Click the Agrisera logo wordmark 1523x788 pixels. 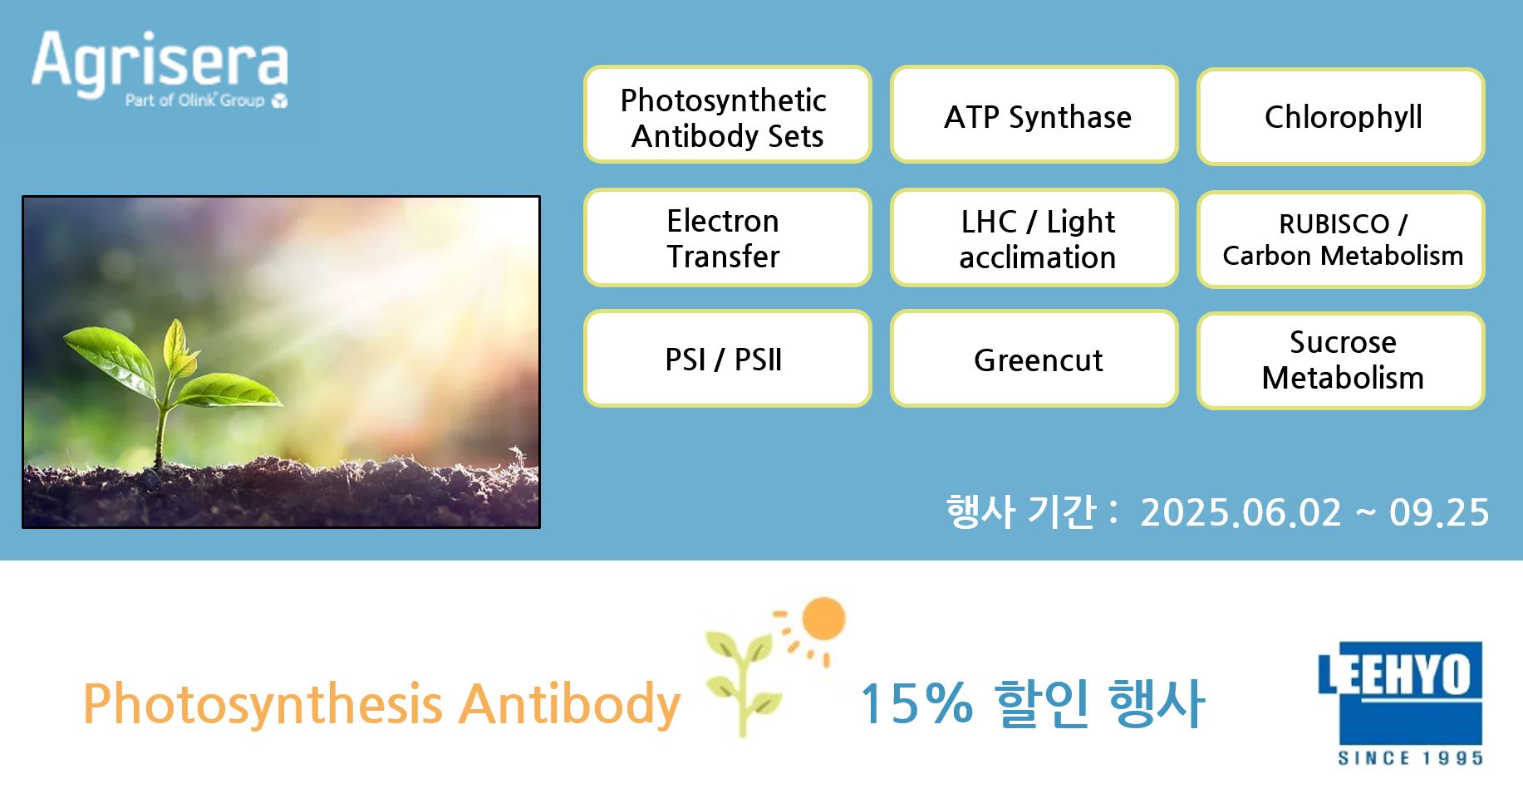tap(160, 61)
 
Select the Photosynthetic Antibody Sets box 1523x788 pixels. tap(727, 115)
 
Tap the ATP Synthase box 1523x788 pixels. tap(1034, 115)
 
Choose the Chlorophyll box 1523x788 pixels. tap(1341, 116)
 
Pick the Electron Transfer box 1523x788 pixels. tap(727, 237)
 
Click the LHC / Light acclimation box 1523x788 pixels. tap(1034, 237)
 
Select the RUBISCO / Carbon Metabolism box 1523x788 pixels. tap(1341, 239)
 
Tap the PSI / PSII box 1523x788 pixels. tap(727, 359)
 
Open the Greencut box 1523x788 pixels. tap(1034, 359)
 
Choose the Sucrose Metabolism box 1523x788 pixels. tap(1341, 360)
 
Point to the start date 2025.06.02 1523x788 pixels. tap(1241, 512)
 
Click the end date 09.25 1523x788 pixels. tap(1439, 512)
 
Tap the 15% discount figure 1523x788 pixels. tap(916, 703)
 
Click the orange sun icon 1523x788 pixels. tap(823, 619)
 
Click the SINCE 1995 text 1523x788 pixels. tap(1410, 757)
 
